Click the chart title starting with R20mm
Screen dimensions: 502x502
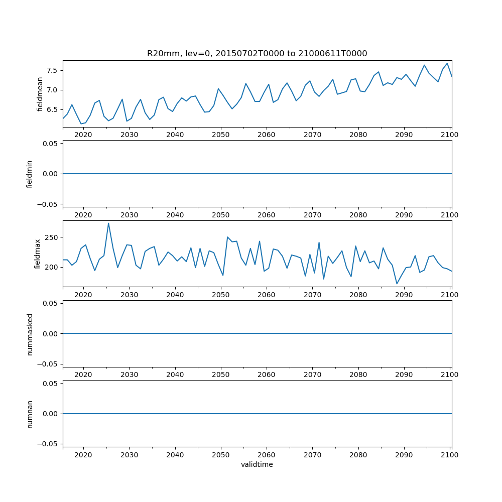257,53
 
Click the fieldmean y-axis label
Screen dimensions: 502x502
40,94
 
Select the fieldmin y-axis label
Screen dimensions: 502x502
30,174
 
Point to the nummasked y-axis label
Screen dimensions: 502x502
30,333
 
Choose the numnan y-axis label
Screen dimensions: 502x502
30,414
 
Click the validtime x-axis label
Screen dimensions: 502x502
257,465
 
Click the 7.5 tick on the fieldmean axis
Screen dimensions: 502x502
52,70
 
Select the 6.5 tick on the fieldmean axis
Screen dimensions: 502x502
52,109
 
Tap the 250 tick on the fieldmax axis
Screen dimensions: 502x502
52,237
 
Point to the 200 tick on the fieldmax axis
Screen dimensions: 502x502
52,267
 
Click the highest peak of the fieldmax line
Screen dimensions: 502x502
108,223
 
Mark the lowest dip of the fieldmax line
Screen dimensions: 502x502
397,284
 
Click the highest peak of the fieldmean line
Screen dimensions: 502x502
447,63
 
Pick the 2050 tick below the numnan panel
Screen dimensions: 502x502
220,455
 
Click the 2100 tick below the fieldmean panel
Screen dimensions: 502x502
450,135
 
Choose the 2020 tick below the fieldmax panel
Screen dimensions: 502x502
83,295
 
